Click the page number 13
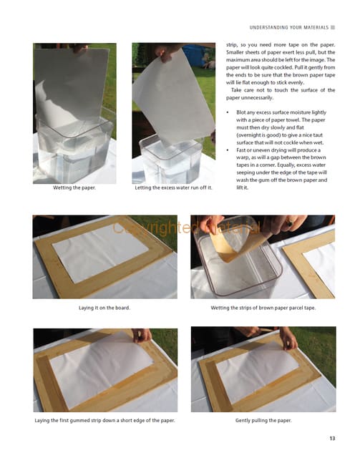tap(332, 438)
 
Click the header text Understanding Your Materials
tap(289, 27)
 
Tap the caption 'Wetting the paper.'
tap(74, 187)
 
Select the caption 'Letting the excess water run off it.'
tap(173, 187)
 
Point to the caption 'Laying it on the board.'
tap(104, 308)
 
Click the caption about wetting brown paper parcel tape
tap(263, 308)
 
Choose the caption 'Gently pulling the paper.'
tap(263, 420)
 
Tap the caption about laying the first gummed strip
tap(104, 420)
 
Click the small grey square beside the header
tap(333, 27)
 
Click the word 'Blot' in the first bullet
tap(240, 112)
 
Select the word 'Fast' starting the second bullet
tap(240, 150)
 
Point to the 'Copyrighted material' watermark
tap(186, 228)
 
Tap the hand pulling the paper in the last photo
tap(288, 338)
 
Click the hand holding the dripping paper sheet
tap(164, 52)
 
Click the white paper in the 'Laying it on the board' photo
tap(100, 253)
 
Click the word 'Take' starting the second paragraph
tap(236, 90)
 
